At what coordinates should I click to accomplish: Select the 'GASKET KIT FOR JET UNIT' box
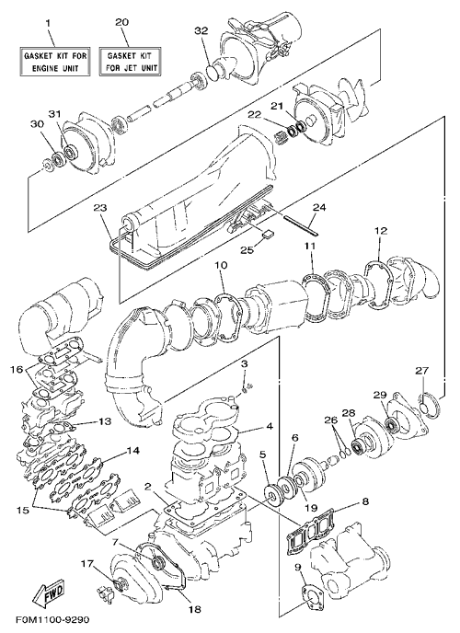pos(130,62)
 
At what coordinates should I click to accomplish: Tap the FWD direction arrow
pos(49,593)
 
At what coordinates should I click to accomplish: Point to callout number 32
pos(201,30)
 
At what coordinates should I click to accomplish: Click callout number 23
pos(100,208)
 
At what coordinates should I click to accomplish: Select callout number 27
pos(423,370)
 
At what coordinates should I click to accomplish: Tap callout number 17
pos(86,561)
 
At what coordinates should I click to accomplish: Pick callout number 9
pos(298,567)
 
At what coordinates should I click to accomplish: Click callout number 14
pos(133,450)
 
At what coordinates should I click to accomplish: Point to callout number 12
pos(381,231)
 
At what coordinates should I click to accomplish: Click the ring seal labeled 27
pos(427,405)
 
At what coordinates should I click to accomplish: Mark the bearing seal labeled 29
pos(390,424)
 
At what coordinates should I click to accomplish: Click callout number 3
pos(244,364)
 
